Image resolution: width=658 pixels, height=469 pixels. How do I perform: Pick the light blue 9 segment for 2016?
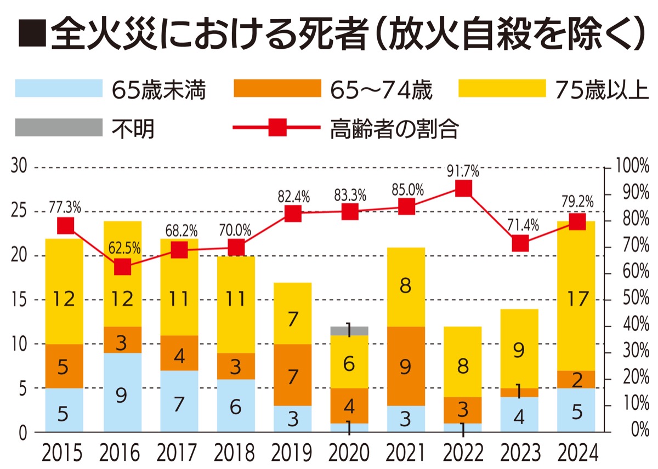coord(122,392)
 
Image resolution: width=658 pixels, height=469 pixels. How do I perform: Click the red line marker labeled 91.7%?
coord(463,189)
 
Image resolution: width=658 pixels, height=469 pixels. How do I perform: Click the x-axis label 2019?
coord(293,453)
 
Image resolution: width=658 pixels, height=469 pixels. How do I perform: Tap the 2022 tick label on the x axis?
coord(463,453)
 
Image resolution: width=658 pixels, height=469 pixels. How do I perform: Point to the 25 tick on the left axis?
coord(20,211)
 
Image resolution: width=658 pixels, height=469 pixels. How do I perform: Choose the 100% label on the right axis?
coord(631,167)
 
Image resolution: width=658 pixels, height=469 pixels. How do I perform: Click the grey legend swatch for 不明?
coord(59,128)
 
